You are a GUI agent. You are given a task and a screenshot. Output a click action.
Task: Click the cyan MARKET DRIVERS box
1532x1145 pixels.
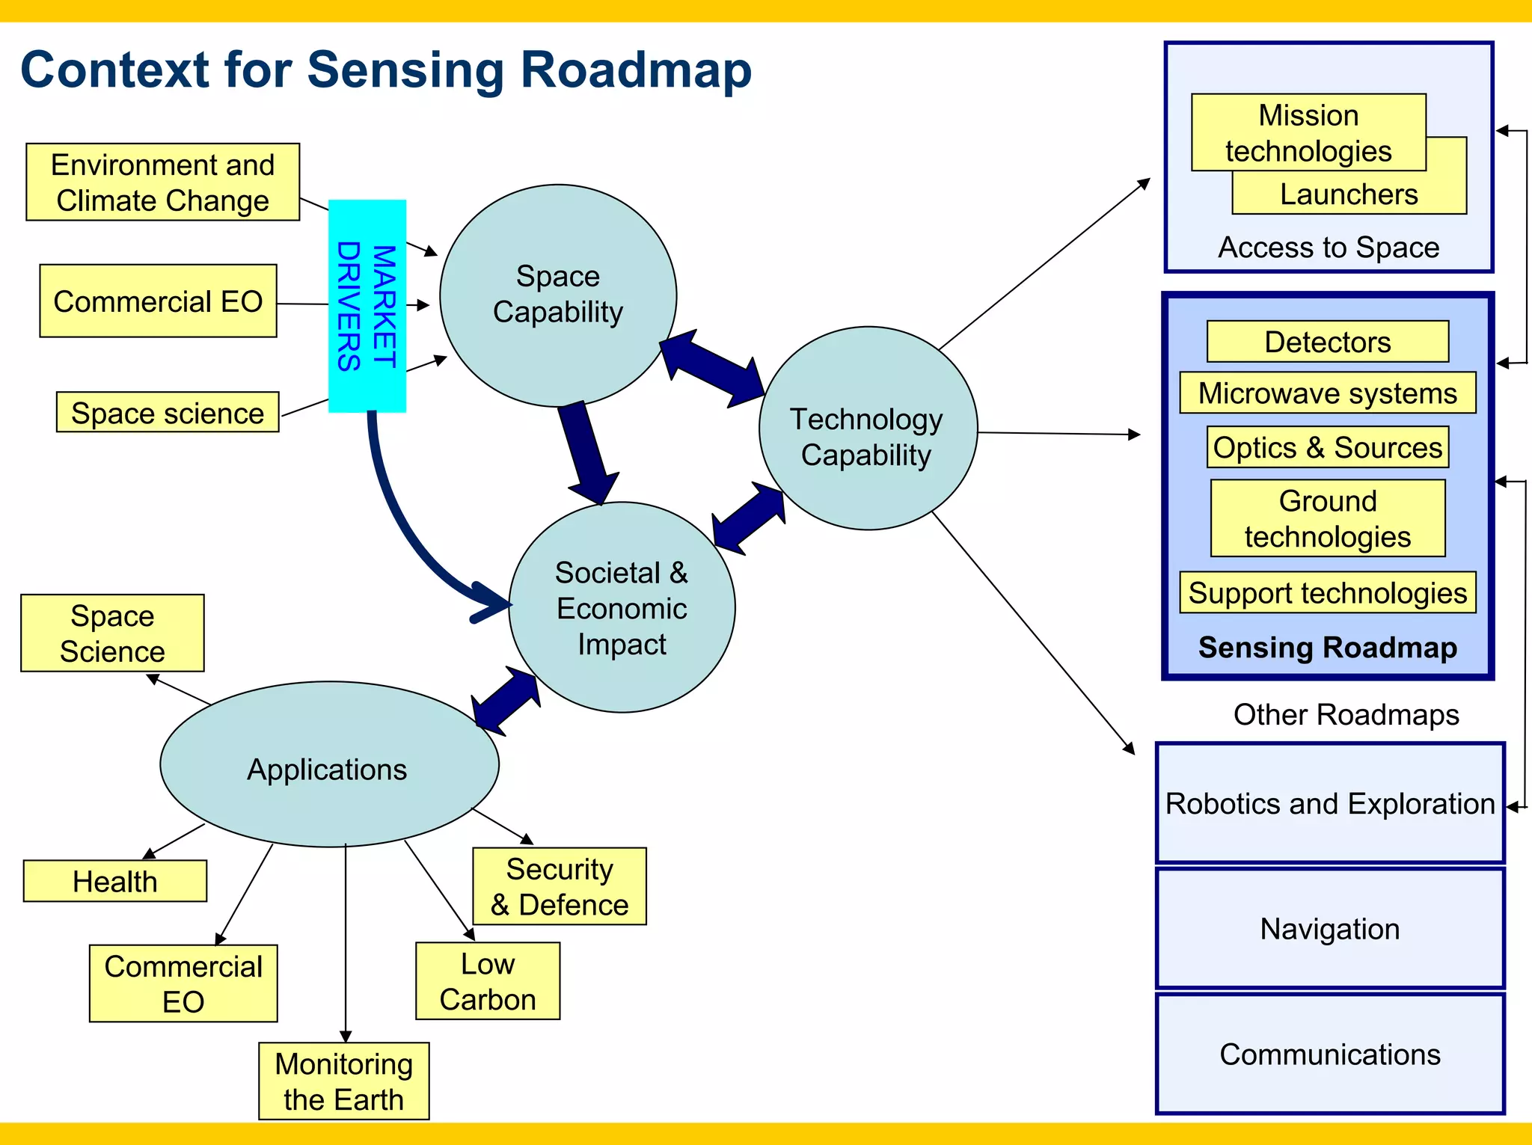tap(367, 306)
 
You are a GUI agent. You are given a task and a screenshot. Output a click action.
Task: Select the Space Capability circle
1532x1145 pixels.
tap(558, 295)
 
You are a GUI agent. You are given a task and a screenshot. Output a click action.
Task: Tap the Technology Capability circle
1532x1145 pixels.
tap(868, 429)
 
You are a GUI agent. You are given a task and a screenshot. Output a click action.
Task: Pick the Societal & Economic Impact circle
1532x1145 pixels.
tap(622, 608)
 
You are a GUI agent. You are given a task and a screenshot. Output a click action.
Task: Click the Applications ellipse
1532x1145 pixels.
tap(329, 764)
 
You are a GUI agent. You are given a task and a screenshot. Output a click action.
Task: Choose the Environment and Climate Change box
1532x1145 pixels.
tap(163, 182)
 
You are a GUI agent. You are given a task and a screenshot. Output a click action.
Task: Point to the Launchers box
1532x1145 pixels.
tap(1349, 194)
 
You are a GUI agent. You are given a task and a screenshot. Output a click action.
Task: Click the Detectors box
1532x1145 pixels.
tap(1328, 342)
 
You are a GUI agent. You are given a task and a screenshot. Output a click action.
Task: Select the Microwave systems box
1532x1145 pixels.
tap(1328, 393)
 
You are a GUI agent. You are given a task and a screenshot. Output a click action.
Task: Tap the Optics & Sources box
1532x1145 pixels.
tap(1328, 447)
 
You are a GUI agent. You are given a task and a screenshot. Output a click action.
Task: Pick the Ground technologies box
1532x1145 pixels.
tap(1328, 518)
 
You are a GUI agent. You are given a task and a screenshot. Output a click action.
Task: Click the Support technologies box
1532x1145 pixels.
tap(1328, 593)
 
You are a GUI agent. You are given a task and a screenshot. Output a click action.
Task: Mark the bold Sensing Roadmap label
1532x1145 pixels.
tap(1328, 648)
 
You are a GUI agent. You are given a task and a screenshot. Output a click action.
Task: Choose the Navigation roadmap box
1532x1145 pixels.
tap(1330, 929)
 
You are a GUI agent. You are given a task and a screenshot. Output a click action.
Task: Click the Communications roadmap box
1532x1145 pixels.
tap(1330, 1055)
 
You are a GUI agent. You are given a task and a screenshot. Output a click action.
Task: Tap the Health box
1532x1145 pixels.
tap(115, 882)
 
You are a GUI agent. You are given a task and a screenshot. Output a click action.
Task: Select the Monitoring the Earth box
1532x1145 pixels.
tap(344, 1081)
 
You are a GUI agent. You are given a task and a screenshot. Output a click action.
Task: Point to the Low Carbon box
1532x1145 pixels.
tap(488, 981)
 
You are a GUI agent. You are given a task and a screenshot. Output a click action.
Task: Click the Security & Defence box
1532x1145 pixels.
tap(560, 887)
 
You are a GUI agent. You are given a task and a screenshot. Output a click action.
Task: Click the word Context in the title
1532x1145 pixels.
tap(114, 70)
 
